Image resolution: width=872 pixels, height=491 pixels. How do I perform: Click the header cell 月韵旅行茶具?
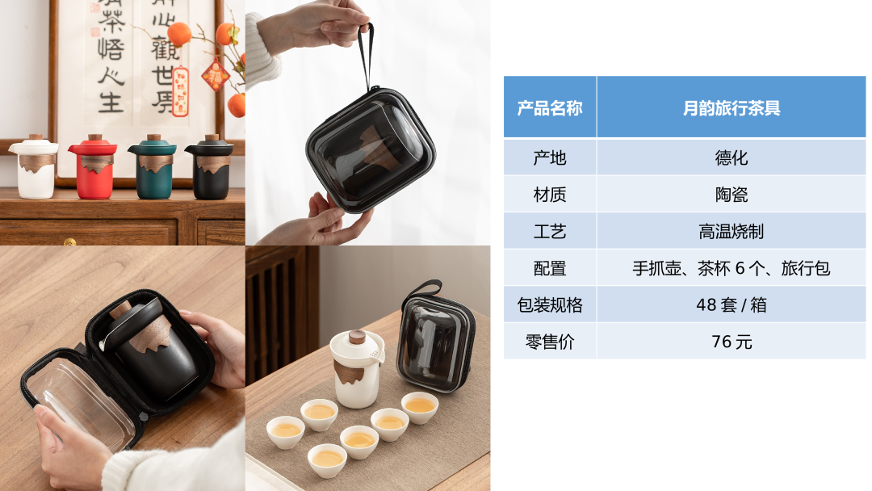click(x=731, y=107)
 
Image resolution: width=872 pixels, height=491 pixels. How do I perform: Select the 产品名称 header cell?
click(x=550, y=107)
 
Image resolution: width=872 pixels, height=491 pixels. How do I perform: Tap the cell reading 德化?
click(x=731, y=158)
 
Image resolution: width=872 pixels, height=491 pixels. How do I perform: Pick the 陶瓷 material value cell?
click(x=731, y=195)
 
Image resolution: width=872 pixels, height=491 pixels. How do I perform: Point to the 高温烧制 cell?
click(x=731, y=231)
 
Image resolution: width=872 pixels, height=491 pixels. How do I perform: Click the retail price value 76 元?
click(x=731, y=342)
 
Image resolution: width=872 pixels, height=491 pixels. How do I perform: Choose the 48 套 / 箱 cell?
click(x=731, y=304)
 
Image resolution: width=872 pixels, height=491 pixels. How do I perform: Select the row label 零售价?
click(x=550, y=342)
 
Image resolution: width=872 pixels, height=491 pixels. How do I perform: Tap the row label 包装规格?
click(x=550, y=304)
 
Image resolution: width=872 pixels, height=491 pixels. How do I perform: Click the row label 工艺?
click(x=550, y=231)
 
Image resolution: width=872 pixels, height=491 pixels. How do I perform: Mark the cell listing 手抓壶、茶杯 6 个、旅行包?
click(x=731, y=268)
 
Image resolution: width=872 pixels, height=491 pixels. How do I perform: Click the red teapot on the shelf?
click(x=94, y=167)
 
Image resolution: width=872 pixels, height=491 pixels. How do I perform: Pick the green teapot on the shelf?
click(x=153, y=167)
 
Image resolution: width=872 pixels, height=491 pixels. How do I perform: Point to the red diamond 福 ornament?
click(x=216, y=75)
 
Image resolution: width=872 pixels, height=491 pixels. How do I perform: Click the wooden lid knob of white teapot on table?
click(x=357, y=337)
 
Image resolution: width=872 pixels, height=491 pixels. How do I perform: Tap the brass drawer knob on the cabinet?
click(x=69, y=242)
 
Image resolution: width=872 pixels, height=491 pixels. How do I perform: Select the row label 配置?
click(x=550, y=268)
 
